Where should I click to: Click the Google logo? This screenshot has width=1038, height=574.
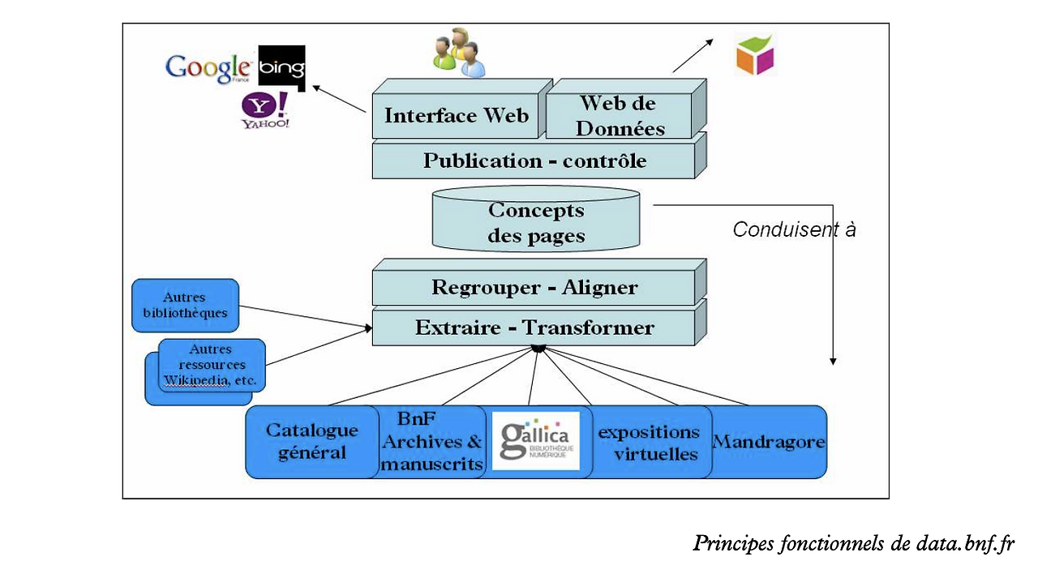pyautogui.click(x=208, y=67)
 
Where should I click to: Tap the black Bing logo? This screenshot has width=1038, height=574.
pyautogui.click(x=281, y=68)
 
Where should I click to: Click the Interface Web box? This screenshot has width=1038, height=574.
pyautogui.click(x=456, y=115)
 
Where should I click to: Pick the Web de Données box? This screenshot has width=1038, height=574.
pyautogui.click(x=618, y=115)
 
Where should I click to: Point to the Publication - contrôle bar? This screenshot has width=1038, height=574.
pyautogui.click(x=534, y=161)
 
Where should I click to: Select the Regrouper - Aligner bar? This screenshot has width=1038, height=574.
pyautogui.click(x=534, y=288)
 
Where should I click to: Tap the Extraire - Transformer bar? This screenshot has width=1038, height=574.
pyautogui.click(x=534, y=328)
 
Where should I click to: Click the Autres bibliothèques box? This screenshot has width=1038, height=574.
pyautogui.click(x=185, y=305)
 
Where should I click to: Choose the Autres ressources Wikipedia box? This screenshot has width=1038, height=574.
pyautogui.click(x=211, y=365)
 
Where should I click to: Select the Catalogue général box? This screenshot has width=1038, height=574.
pyautogui.click(x=312, y=442)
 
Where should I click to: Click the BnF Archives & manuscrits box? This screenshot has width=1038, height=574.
pyautogui.click(x=431, y=442)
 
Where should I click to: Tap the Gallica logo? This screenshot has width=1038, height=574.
pyautogui.click(x=536, y=441)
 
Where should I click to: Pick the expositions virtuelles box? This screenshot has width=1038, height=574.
pyautogui.click(x=648, y=443)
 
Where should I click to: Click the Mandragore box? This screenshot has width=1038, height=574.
pyautogui.click(x=768, y=442)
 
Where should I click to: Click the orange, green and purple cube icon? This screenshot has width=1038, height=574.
pyautogui.click(x=755, y=54)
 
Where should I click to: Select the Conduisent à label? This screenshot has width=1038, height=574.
pyautogui.click(x=794, y=229)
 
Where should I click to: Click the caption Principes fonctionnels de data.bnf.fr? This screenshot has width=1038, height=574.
pyautogui.click(x=853, y=543)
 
